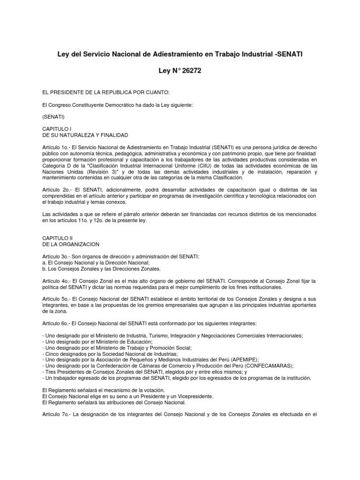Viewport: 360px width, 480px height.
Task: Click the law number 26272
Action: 191,71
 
